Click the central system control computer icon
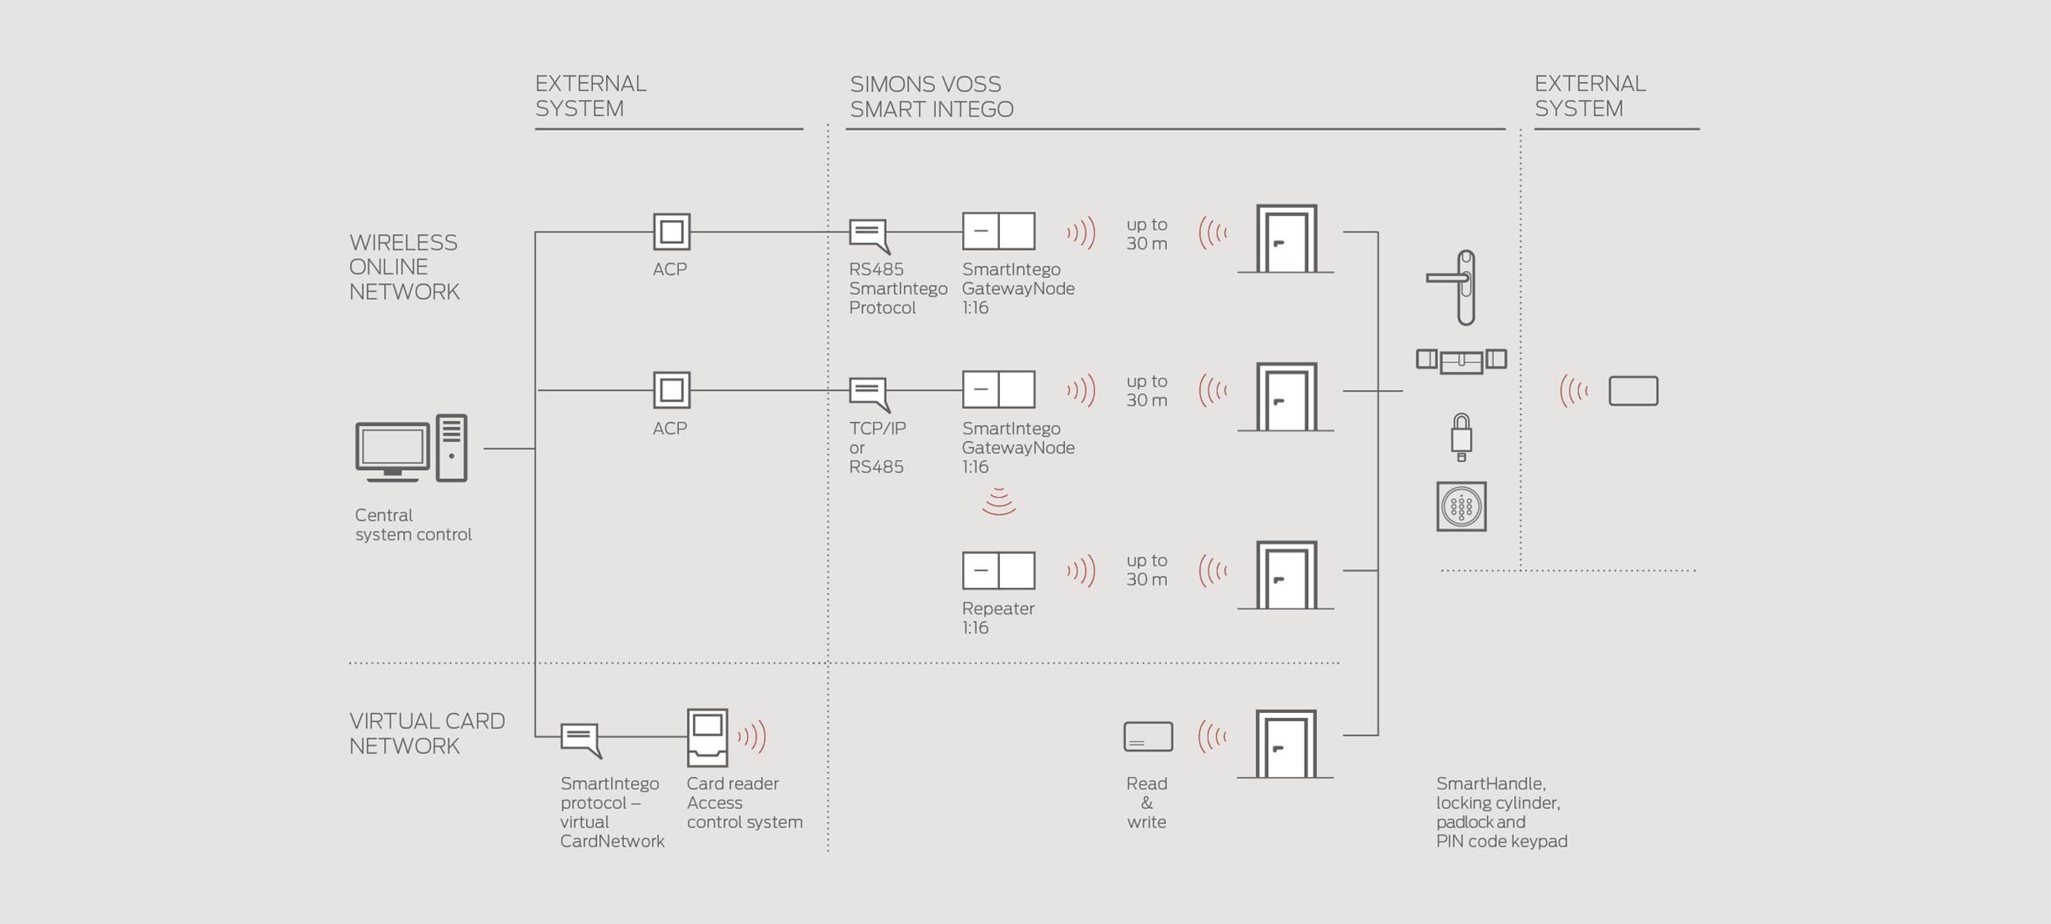(411, 448)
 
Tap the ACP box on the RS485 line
(672, 232)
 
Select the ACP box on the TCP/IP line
(672, 390)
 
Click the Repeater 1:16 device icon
(998, 570)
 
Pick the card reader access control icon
(707, 737)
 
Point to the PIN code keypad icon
(1461, 507)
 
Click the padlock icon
(1461, 436)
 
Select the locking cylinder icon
(1461, 360)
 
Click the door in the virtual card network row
(1286, 744)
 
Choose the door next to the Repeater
(1286, 575)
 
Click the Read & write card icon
(1148, 737)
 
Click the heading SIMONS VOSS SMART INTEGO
(931, 96)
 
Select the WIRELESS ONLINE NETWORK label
(404, 267)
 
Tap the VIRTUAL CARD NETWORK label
(426, 733)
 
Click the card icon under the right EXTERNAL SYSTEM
(1633, 391)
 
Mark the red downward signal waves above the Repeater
(998, 502)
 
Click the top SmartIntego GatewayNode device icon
(998, 231)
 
